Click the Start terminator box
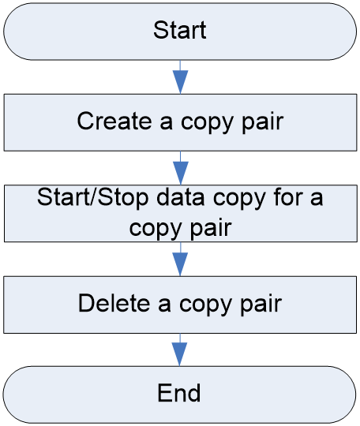click(180, 32)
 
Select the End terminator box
click(179, 394)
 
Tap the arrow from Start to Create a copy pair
click(180, 77)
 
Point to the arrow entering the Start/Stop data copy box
click(181, 168)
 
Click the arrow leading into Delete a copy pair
click(180, 260)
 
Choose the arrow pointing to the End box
click(179, 349)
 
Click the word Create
click(114, 121)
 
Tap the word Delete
click(114, 303)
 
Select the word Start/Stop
click(92, 197)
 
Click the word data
click(181, 197)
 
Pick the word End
click(179, 393)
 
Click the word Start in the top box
click(180, 30)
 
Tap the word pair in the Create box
click(263, 122)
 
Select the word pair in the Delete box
click(261, 305)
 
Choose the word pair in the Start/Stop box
click(211, 229)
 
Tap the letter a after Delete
click(164, 305)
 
